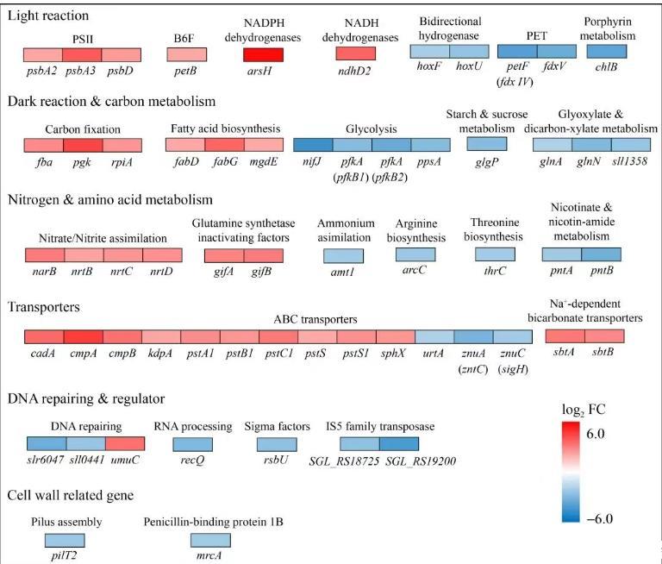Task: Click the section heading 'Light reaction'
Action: pyautogui.click(x=47, y=16)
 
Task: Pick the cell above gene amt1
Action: pyautogui.click(x=343, y=256)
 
